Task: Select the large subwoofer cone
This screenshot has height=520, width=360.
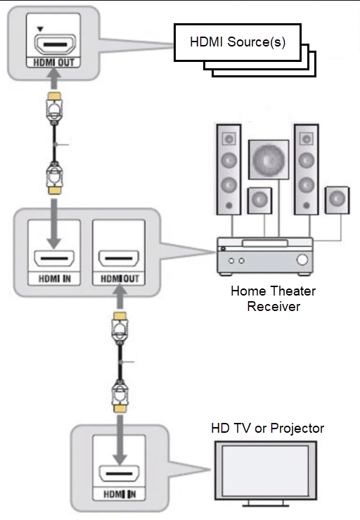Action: (x=268, y=161)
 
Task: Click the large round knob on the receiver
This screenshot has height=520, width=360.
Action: (x=303, y=260)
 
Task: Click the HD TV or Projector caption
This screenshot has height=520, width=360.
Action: (x=268, y=428)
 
